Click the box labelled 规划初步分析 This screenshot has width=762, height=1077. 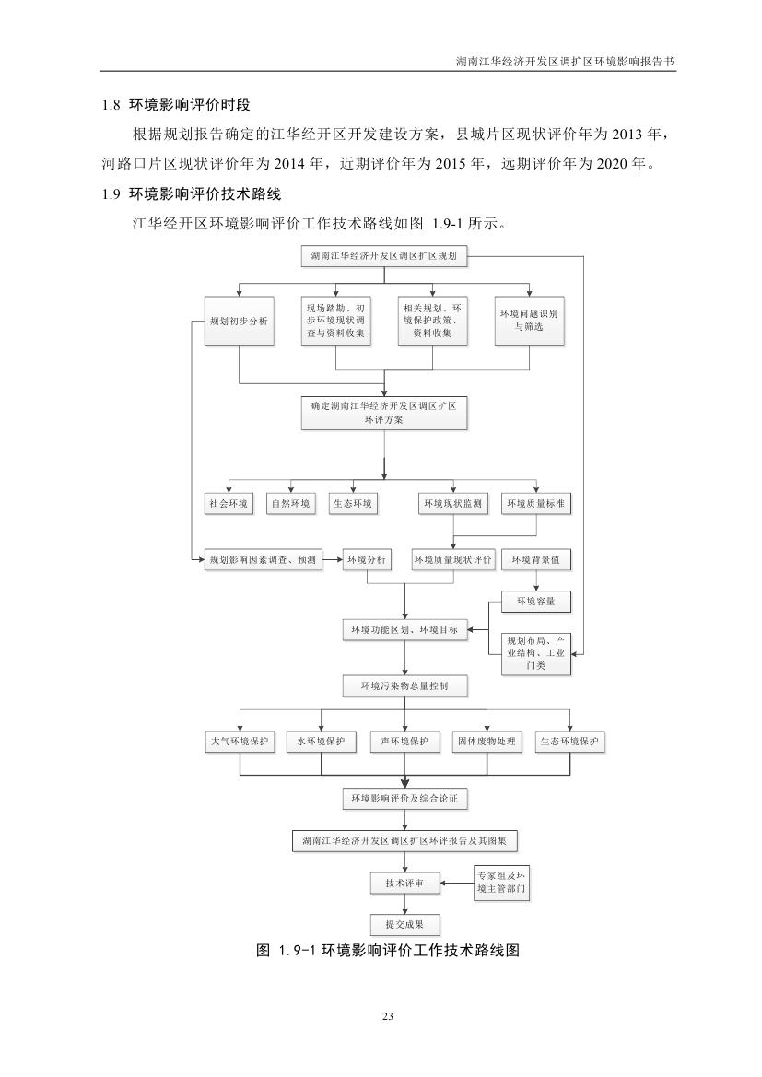239,322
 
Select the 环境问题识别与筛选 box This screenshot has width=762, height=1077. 528,321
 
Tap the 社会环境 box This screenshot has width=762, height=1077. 228,504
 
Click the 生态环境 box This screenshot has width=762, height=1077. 352,504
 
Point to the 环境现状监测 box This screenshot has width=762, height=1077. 451,504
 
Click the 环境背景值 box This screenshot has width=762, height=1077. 535,559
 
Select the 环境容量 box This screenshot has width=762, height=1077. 535,602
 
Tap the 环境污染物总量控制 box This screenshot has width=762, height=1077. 404,686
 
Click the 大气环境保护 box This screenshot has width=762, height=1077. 239,742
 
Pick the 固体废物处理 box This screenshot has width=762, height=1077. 487,742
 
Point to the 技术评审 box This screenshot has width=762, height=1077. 404,884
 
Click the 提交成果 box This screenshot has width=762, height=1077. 404,924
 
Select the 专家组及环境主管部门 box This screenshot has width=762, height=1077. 502,882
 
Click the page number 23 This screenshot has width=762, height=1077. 387,1016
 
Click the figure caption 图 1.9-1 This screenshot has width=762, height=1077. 387,951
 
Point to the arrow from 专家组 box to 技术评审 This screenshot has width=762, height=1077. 455,884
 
